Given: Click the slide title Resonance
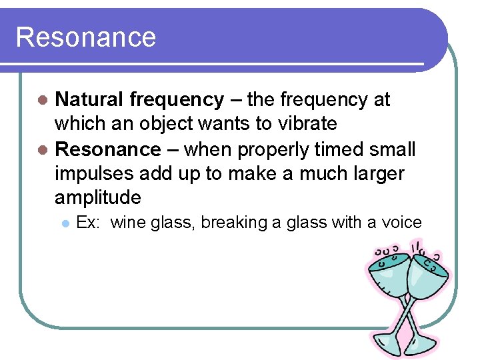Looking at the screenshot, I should pos(85,37).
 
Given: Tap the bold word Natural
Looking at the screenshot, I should pos(89,100).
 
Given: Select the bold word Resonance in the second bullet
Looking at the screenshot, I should pos(108,149).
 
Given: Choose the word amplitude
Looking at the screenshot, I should pos(98,198).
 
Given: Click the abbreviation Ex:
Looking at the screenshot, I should pos(88,223).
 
